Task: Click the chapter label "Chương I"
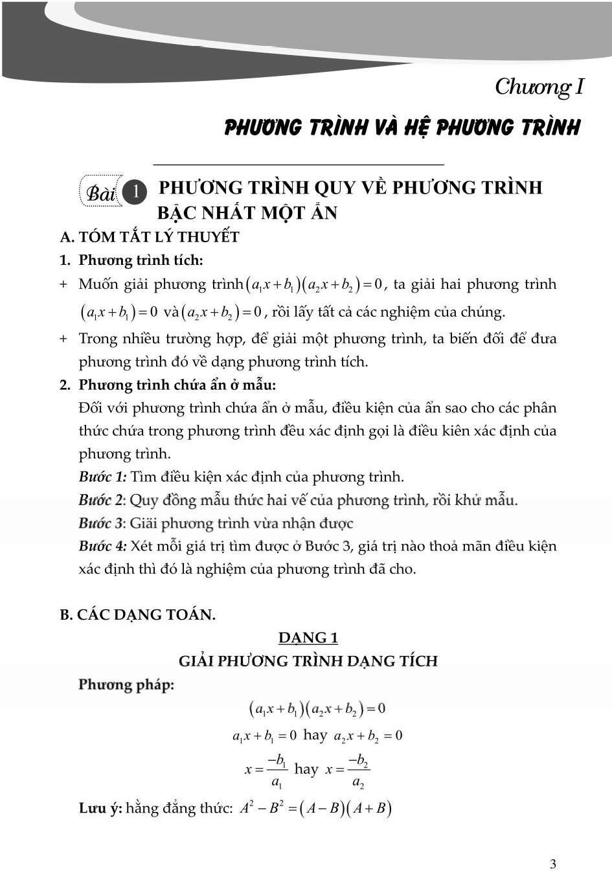point(539,87)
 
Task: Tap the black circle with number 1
point(135,192)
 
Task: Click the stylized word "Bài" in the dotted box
point(101,193)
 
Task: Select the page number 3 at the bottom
point(552,863)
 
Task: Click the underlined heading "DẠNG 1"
point(308,638)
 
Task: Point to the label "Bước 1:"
point(102,477)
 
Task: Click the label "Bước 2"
point(100,500)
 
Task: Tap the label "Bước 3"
point(100,523)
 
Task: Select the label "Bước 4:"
point(102,547)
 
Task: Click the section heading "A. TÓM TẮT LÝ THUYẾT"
point(150,237)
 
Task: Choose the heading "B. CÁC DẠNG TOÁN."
point(137,615)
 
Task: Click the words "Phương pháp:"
point(126,684)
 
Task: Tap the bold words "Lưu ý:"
point(100,808)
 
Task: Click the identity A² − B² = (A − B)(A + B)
point(315,808)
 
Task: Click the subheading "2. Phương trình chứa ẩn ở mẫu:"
point(168,385)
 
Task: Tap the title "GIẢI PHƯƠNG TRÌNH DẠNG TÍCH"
point(308,661)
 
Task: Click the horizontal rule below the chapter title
point(299,165)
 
